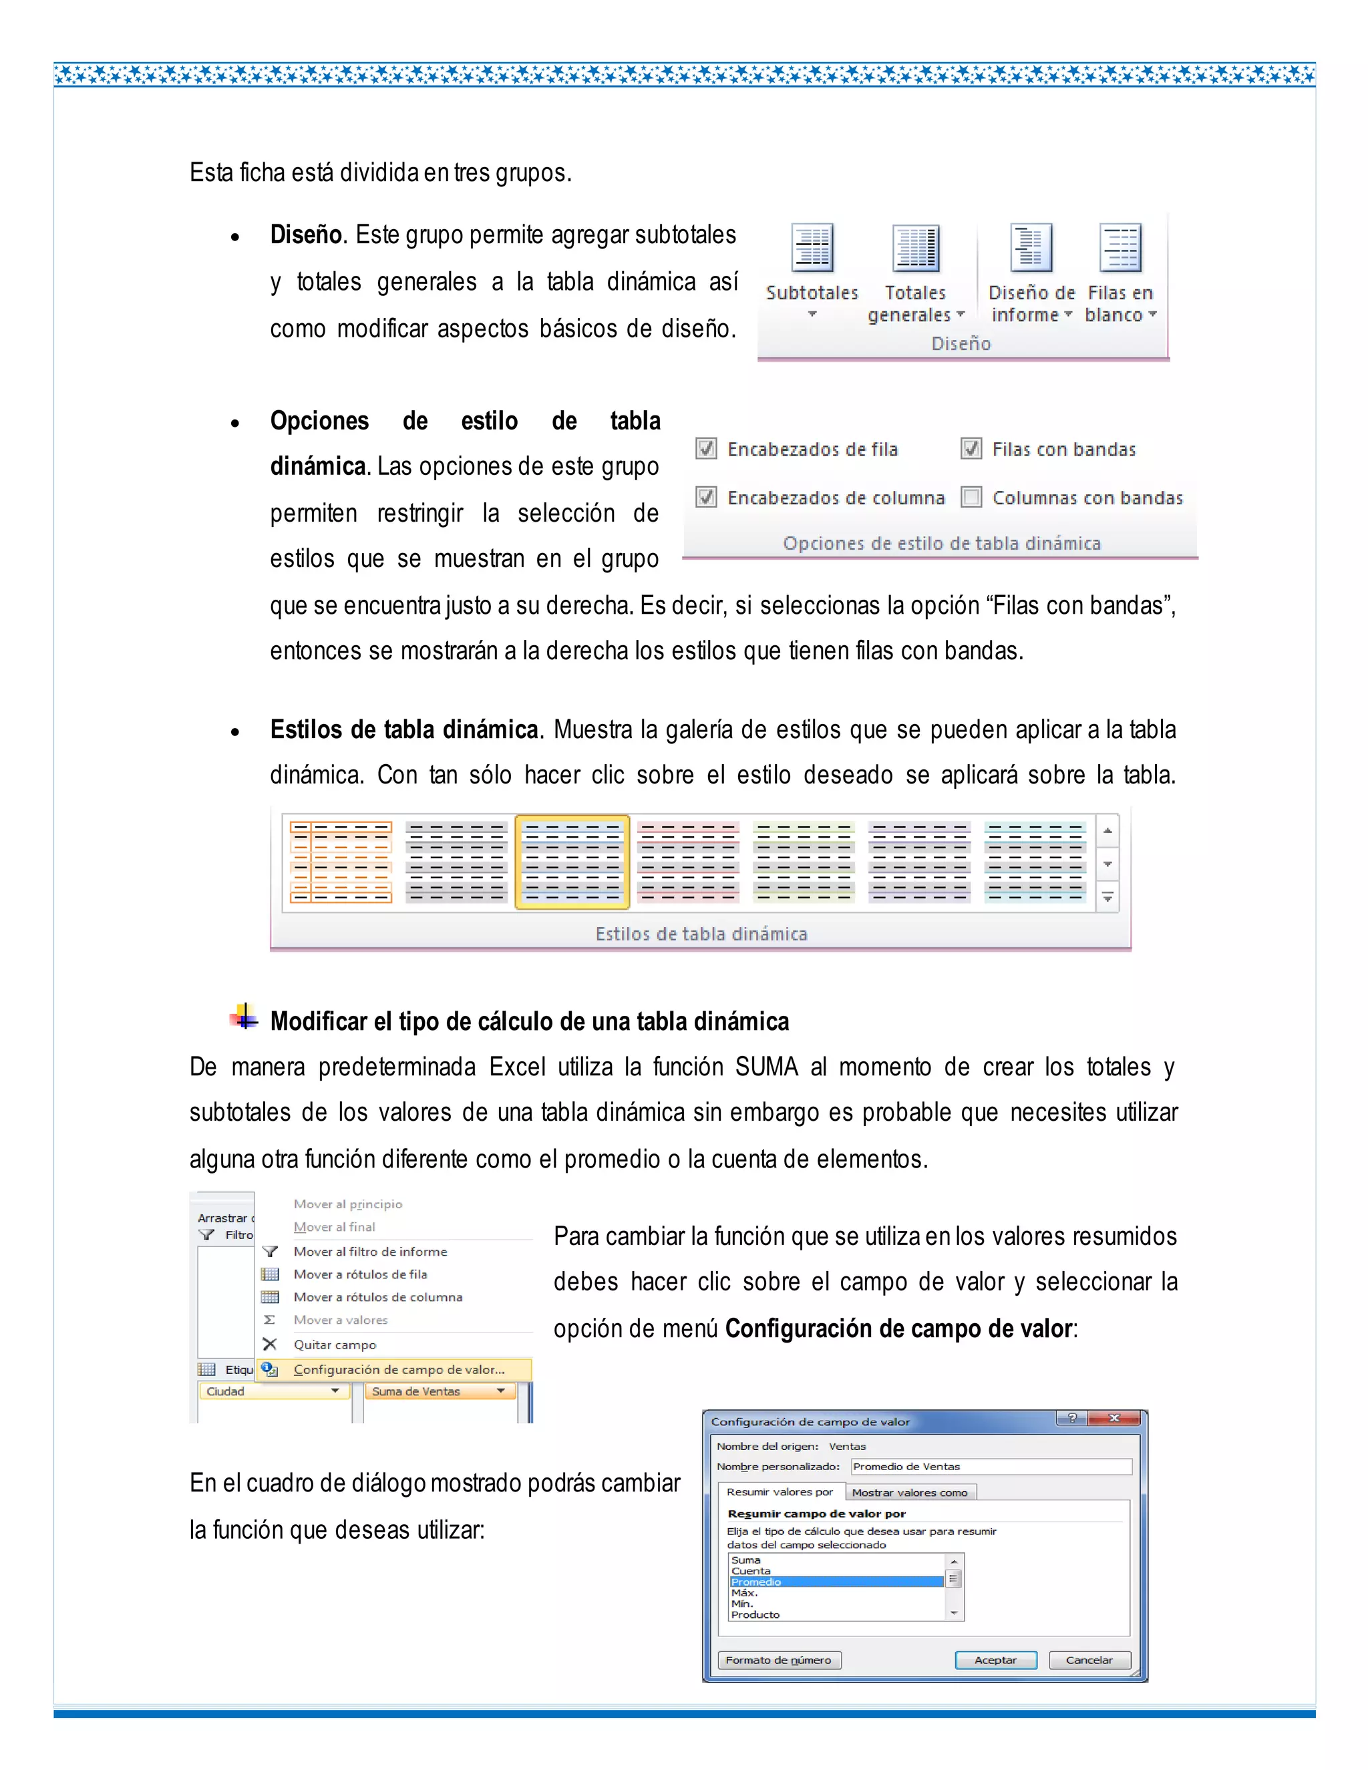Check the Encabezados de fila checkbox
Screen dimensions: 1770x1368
(x=707, y=449)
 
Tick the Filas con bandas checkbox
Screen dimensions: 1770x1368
(x=971, y=449)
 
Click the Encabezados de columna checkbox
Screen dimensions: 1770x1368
(x=707, y=497)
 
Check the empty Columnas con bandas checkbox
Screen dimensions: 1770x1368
(x=971, y=497)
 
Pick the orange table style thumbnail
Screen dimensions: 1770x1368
(x=341, y=862)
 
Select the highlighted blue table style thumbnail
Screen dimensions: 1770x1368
(x=572, y=862)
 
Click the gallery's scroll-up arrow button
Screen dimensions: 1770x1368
(x=1107, y=832)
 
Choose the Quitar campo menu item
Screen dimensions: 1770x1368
(x=335, y=1345)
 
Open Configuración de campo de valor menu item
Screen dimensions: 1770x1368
(x=399, y=1370)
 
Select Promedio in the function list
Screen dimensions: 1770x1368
(x=835, y=1582)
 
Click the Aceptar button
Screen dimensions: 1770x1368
(x=995, y=1660)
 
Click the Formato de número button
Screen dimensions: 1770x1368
(x=779, y=1660)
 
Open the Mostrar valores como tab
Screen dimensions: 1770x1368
(x=909, y=1492)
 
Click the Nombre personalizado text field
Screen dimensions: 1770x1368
(x=991, y=1466)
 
